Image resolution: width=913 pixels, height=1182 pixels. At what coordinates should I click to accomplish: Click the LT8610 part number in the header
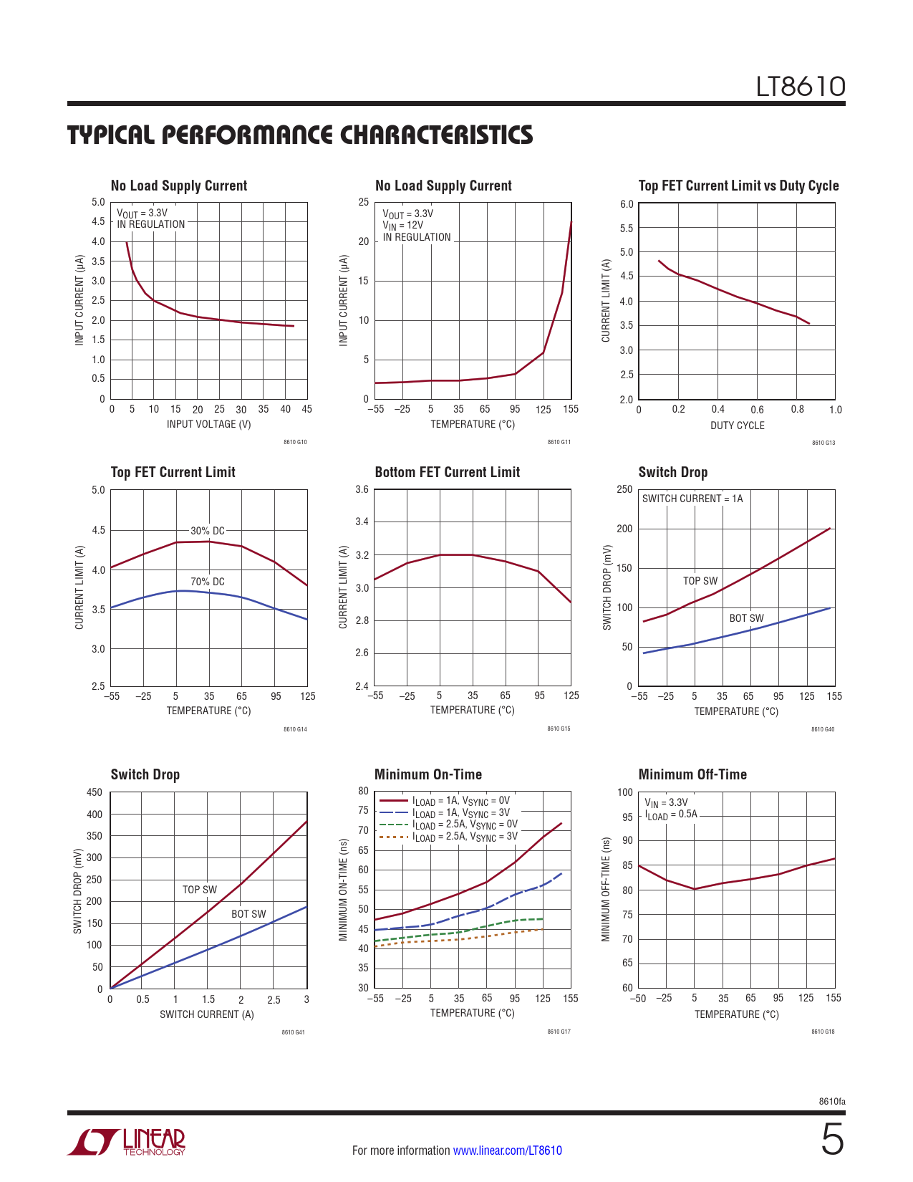[801, 87]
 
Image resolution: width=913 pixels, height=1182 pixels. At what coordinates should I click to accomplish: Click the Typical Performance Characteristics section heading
[300, 135]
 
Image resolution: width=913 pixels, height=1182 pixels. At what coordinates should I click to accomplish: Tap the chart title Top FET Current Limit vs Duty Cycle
[738, 186]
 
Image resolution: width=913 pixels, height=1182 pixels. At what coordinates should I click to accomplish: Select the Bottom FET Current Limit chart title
[447, 472]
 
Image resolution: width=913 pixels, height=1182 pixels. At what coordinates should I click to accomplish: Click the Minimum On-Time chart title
[428, 774]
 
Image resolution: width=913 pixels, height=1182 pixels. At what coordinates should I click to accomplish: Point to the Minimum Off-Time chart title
[692, 774]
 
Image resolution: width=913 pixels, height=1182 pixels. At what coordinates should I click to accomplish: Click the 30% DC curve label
[208, 531]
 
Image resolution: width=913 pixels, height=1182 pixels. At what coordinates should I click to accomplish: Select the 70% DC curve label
[208, 582]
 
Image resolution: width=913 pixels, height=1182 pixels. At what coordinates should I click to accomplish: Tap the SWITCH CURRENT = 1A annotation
[692, 499]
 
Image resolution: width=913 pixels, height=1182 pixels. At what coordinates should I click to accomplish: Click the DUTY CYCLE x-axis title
[737, 426]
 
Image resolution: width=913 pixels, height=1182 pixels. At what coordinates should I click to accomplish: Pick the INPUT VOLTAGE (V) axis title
[209, 424]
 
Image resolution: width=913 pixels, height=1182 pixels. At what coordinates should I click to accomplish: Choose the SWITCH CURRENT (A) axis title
[207, 1014]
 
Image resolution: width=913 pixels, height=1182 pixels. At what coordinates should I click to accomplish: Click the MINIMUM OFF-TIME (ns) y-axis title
[606, 889]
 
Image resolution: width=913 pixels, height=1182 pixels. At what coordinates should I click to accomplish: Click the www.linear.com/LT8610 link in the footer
[507, 1150]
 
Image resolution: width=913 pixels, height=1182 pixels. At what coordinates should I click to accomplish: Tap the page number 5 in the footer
[832, 1140]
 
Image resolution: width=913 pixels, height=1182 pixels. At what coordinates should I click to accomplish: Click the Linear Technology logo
[127, 1142]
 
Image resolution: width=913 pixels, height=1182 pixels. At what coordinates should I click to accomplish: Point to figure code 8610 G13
[823, 443]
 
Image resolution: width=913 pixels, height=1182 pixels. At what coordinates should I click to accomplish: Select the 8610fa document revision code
[832, 1102]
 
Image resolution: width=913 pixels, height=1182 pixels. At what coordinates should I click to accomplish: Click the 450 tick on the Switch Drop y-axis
[95, 792]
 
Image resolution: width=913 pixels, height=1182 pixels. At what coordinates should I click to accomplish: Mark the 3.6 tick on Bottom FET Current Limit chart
[362, 490]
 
